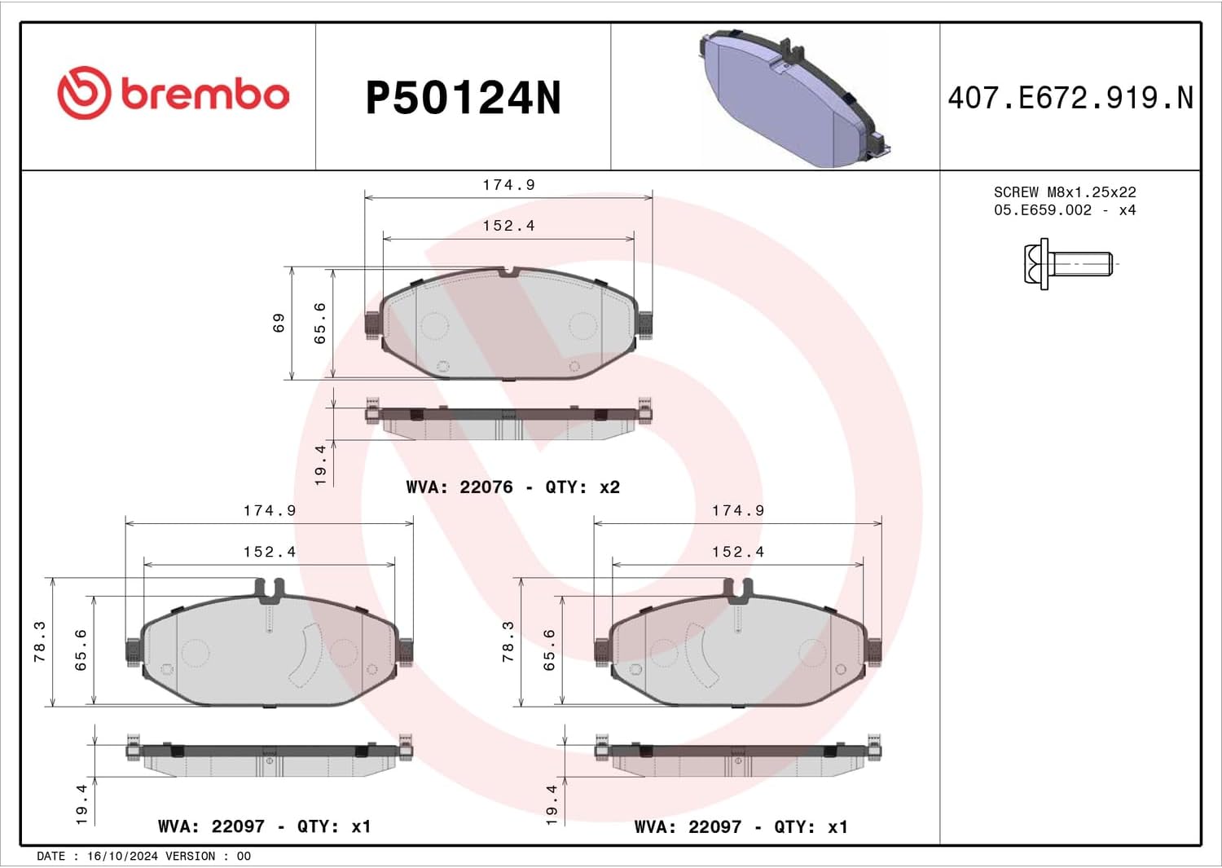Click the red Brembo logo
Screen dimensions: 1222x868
click(173, 93)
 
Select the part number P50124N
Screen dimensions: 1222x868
click(464, 99)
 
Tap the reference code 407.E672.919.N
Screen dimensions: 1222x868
click(1070, 99)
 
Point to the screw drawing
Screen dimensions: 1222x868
click(1067, 264)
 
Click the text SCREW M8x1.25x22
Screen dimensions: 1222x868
click(1065, 192)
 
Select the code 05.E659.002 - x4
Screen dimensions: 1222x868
click(1065, 210)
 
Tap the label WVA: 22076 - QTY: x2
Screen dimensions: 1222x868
click(512, 487)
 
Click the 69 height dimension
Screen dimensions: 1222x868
click(279, 323)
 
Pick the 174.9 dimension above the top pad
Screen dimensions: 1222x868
click(508, 185)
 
